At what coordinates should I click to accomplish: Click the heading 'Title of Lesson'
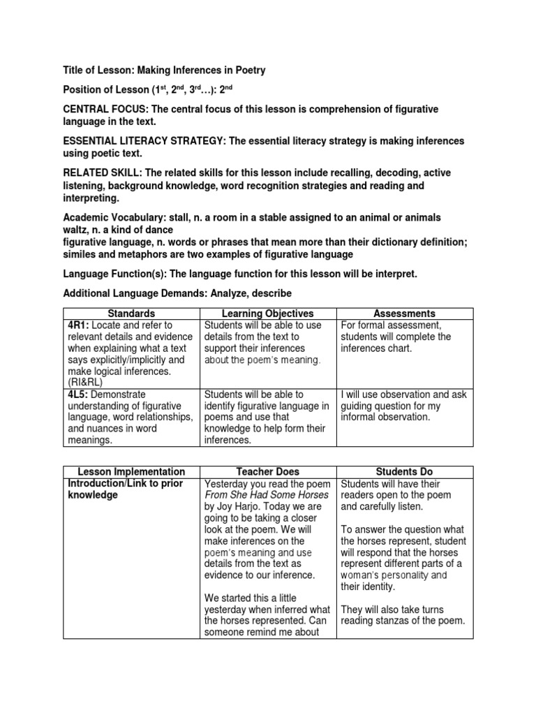[100, 71]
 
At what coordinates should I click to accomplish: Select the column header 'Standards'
[131, 314]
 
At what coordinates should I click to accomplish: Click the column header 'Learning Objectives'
[267, 314]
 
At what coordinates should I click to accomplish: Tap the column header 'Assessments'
[404, 314]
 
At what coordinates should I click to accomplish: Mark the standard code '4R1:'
[79, 325]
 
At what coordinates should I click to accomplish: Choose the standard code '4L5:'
[79, 395]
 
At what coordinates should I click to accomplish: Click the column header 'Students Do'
[404, 472]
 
